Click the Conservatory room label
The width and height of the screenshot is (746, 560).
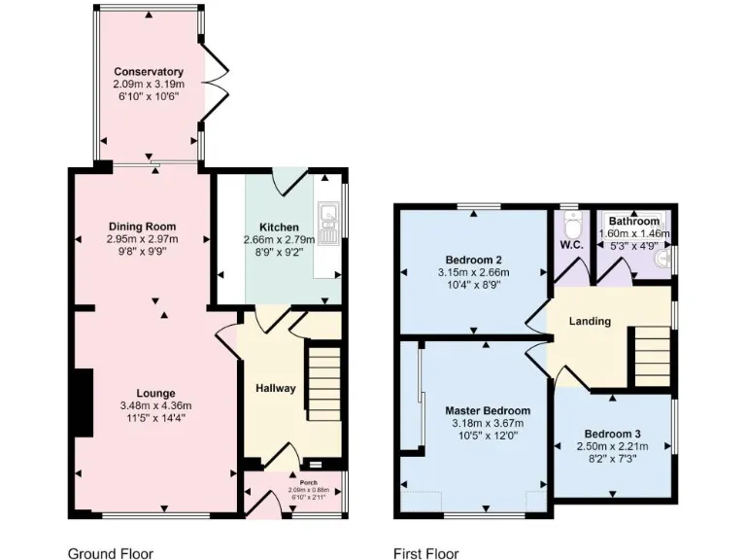pos(149,72)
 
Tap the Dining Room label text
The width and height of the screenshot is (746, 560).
pos(149,227)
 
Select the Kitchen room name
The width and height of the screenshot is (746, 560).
pos(279,227)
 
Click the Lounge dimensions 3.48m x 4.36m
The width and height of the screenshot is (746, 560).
pos(156,405)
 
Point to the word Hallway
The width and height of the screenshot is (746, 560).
pos(275,389)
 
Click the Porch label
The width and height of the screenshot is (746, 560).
pos(294,481)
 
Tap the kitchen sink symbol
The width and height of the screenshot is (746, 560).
pos(329,223)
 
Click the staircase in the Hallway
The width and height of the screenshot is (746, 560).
pos(324,383)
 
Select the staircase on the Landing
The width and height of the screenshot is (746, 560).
pos(652,357)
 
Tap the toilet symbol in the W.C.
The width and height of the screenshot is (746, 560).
pos(572,226)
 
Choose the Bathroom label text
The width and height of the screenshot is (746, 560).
pos(635,222)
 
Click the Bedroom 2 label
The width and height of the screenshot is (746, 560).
pos(473,260)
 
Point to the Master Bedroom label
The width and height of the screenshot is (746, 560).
pos(488,410)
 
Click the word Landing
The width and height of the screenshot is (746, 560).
pos(590,321)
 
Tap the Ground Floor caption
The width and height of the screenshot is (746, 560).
pos(110,553)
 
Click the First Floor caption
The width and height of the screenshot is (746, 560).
pos(425,553)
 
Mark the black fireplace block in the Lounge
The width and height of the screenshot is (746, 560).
pos(85,402)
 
